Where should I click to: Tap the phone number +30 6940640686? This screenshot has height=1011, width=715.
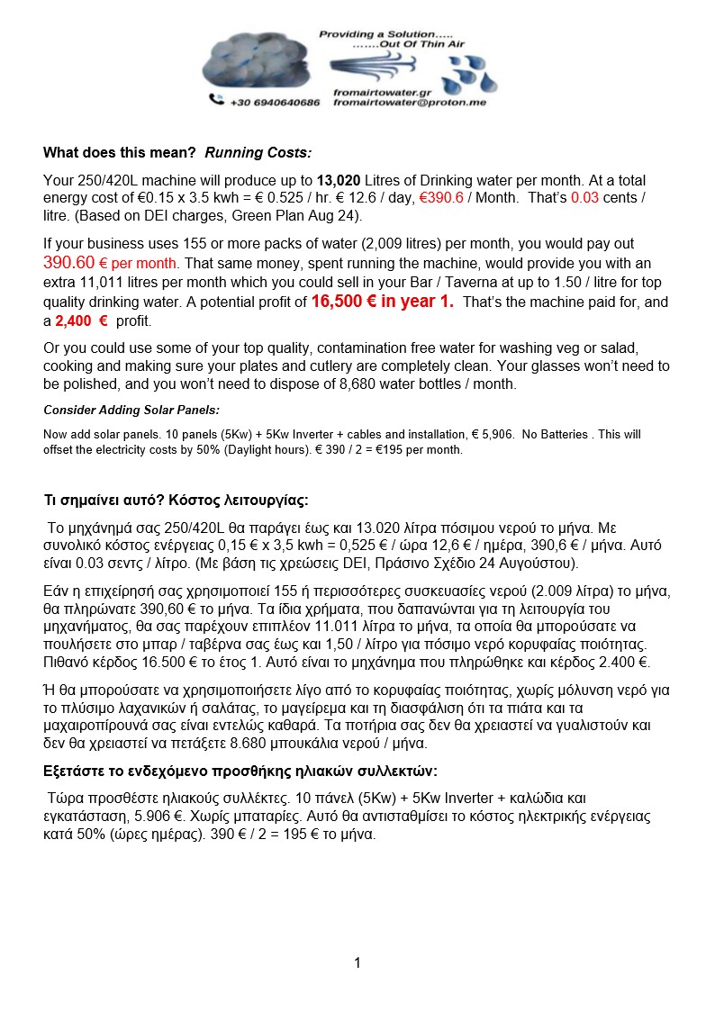(275, 103)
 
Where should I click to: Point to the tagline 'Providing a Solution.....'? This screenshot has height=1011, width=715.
(370, 33)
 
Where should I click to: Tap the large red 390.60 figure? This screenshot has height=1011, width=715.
(68, 263)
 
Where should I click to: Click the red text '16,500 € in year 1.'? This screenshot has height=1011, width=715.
(382, 302)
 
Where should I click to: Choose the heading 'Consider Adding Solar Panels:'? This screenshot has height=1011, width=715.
(131, 410)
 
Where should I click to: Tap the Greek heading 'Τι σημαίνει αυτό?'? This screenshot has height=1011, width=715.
(104, 501)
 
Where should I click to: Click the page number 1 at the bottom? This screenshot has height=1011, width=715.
(357, 963)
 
